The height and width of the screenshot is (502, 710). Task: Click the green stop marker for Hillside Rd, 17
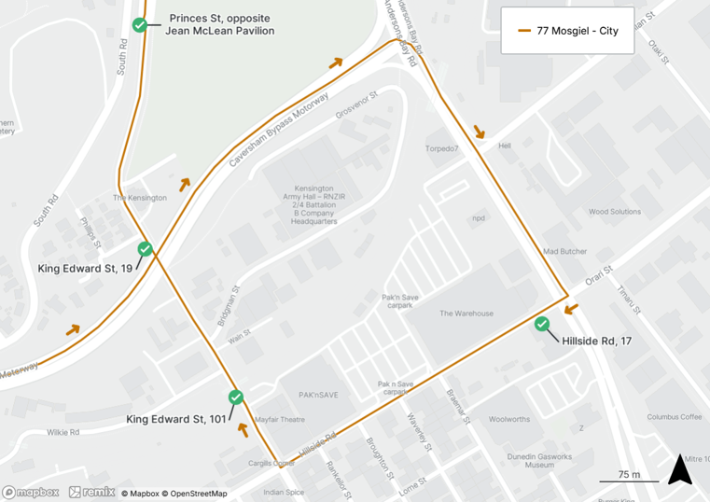(542, 325)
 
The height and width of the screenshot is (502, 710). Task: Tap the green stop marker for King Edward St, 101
(236, 397)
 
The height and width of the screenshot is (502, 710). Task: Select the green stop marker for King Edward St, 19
(145, 249)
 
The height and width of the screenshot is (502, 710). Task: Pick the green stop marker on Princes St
(139, 25)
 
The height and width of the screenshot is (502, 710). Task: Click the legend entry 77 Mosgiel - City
(567, 31)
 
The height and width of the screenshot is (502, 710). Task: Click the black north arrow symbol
(680, 469)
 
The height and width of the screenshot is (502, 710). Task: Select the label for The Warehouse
(466, 314)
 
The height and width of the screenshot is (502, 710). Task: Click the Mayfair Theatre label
(280, 420)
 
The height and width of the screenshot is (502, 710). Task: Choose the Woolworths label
(509, 420)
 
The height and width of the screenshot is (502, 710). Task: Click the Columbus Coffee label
(675, 417)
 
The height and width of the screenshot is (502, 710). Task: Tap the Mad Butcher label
(565, 252)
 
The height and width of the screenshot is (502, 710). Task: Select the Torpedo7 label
(442, 149)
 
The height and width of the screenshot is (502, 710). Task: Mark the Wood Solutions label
(614, 212)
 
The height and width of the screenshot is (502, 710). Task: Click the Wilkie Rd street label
(63, 432)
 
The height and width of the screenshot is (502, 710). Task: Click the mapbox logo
(31, 492)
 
